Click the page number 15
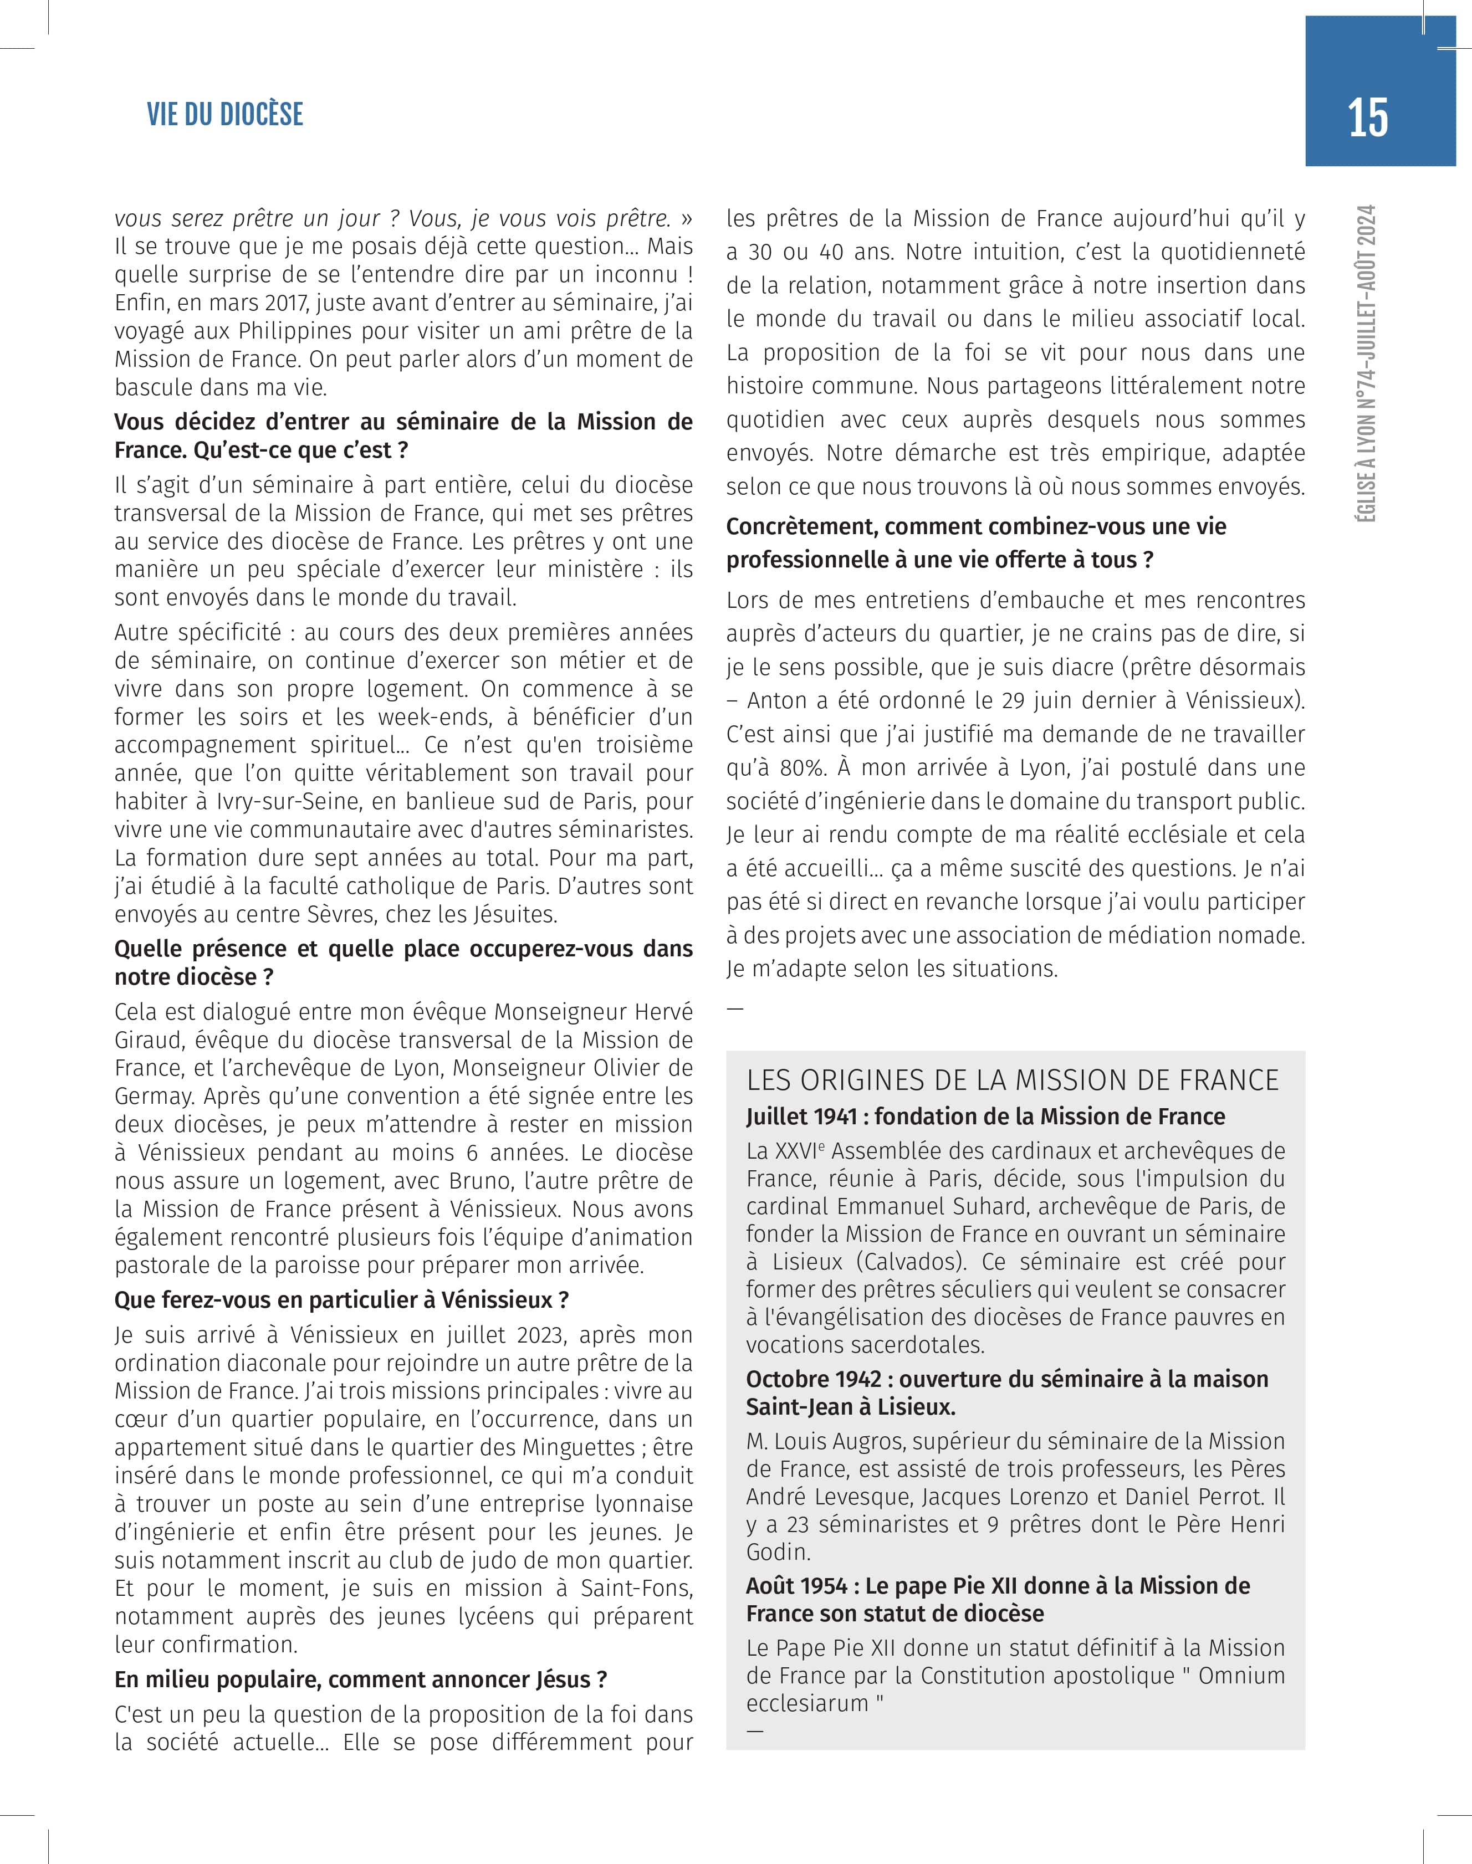coord(1368,118)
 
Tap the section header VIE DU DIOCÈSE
coord(225,115)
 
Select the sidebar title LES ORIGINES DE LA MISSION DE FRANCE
coord(1013,1080)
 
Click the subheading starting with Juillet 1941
coord(985,1117)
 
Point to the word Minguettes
coord(551,1447)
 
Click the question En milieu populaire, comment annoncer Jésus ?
coord(361,1679)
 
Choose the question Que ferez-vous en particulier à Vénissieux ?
coord(341,1300)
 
